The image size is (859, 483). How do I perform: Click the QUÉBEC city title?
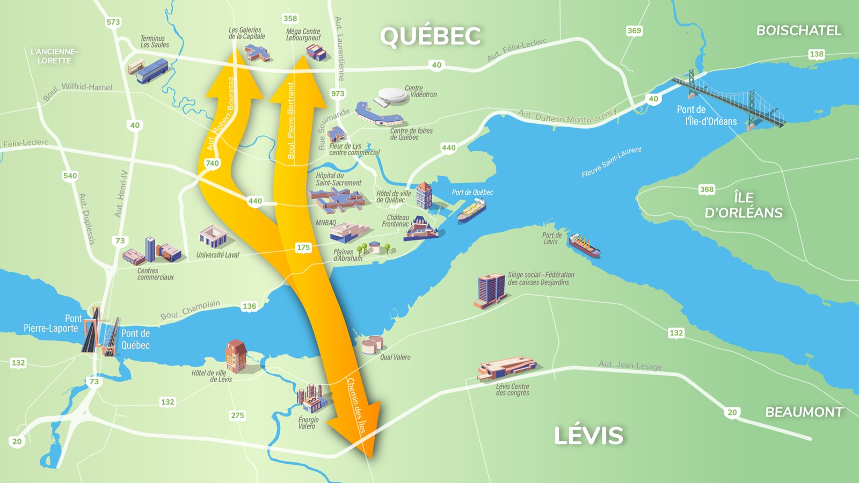[430, 36]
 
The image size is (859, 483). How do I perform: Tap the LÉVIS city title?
[588, 435]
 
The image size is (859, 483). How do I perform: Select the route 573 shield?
[113, 22]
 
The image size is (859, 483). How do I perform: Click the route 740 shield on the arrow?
[212, 163]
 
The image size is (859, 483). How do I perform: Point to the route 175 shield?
[303, 247]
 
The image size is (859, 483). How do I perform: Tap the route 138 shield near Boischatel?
[816, 54]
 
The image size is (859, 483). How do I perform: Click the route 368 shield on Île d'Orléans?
[707, 189]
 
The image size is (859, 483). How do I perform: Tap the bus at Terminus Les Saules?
[152, 71]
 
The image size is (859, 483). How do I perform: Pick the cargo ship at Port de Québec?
[472, 210]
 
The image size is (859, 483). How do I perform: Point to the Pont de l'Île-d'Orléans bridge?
[727, 99]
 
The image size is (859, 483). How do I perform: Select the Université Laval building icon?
[213, 236]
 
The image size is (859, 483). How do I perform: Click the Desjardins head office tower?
[491, 290]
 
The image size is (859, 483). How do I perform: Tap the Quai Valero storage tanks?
[372, 344]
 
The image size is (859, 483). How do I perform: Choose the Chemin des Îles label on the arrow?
[356, 405]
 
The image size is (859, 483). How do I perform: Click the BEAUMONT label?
[804, 412]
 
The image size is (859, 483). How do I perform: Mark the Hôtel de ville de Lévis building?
[236, 355]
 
